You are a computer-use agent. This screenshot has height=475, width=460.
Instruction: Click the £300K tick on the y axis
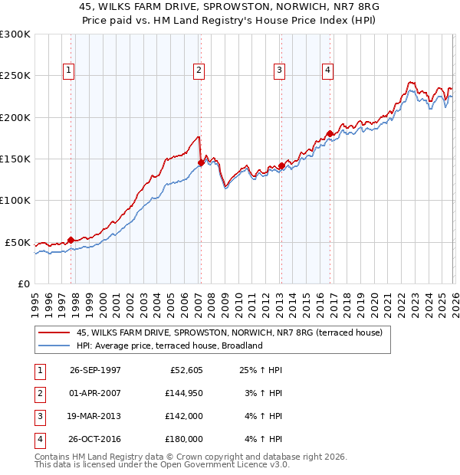pos(15,34)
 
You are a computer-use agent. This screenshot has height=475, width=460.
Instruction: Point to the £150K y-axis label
pos(15,159)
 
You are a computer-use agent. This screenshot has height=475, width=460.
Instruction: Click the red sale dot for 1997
pos(71,240)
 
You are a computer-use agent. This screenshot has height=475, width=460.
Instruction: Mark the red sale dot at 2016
pos(330,134)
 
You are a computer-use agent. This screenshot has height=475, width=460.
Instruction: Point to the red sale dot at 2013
pos(281,165)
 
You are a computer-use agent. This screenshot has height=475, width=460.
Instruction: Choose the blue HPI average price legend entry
pos(169,346)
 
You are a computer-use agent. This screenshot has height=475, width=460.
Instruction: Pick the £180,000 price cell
pos(183,439)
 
